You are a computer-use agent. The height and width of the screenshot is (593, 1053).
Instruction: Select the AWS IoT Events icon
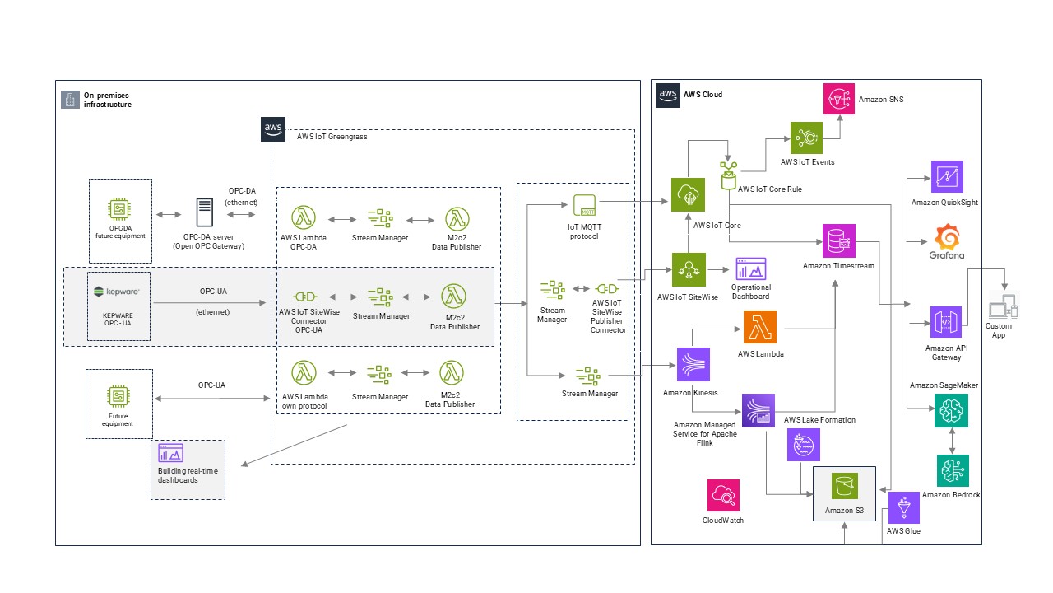coord(806,138)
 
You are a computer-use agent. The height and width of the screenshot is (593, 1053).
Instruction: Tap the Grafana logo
coord(947,239)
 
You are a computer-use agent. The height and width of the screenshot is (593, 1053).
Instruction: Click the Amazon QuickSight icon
coord(947,177)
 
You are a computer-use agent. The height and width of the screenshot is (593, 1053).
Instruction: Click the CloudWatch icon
coord(723,495)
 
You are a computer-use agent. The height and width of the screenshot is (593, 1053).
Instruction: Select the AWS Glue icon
coord(903,508)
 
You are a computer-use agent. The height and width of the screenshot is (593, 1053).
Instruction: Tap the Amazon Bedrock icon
coord(952,470)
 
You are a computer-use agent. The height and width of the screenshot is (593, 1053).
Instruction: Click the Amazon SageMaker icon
coord(952,410)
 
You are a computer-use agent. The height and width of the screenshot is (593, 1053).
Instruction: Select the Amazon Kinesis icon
coord(693,363)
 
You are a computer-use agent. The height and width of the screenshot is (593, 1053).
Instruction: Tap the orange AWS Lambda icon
coord(759,327)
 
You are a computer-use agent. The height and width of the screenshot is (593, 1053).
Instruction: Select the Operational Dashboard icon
coord(750,268)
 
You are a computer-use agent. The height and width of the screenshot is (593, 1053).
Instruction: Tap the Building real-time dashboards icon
coord(171,452)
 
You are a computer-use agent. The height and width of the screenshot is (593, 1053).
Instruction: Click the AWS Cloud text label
coord(703,95)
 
